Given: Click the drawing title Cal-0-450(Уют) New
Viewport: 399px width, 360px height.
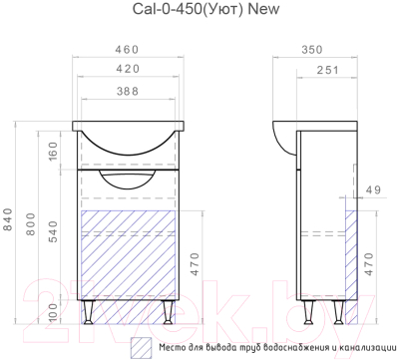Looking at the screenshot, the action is point(205,9).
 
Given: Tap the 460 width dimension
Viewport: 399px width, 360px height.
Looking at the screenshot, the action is point(127,50).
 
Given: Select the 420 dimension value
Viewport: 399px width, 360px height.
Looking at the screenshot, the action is point(128,69).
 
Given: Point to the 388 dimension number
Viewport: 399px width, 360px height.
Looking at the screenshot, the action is point(128,91).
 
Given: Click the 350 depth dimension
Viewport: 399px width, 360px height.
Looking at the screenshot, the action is point(312,50).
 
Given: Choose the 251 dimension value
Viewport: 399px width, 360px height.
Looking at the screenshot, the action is point(327,70).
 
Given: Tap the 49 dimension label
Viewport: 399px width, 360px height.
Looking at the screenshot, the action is point(373,189).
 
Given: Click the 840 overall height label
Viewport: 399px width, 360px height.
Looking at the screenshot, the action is point(8,219).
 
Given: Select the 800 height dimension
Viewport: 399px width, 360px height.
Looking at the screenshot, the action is point(30,224).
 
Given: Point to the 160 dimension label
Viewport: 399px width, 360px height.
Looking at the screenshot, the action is point(53,151).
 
